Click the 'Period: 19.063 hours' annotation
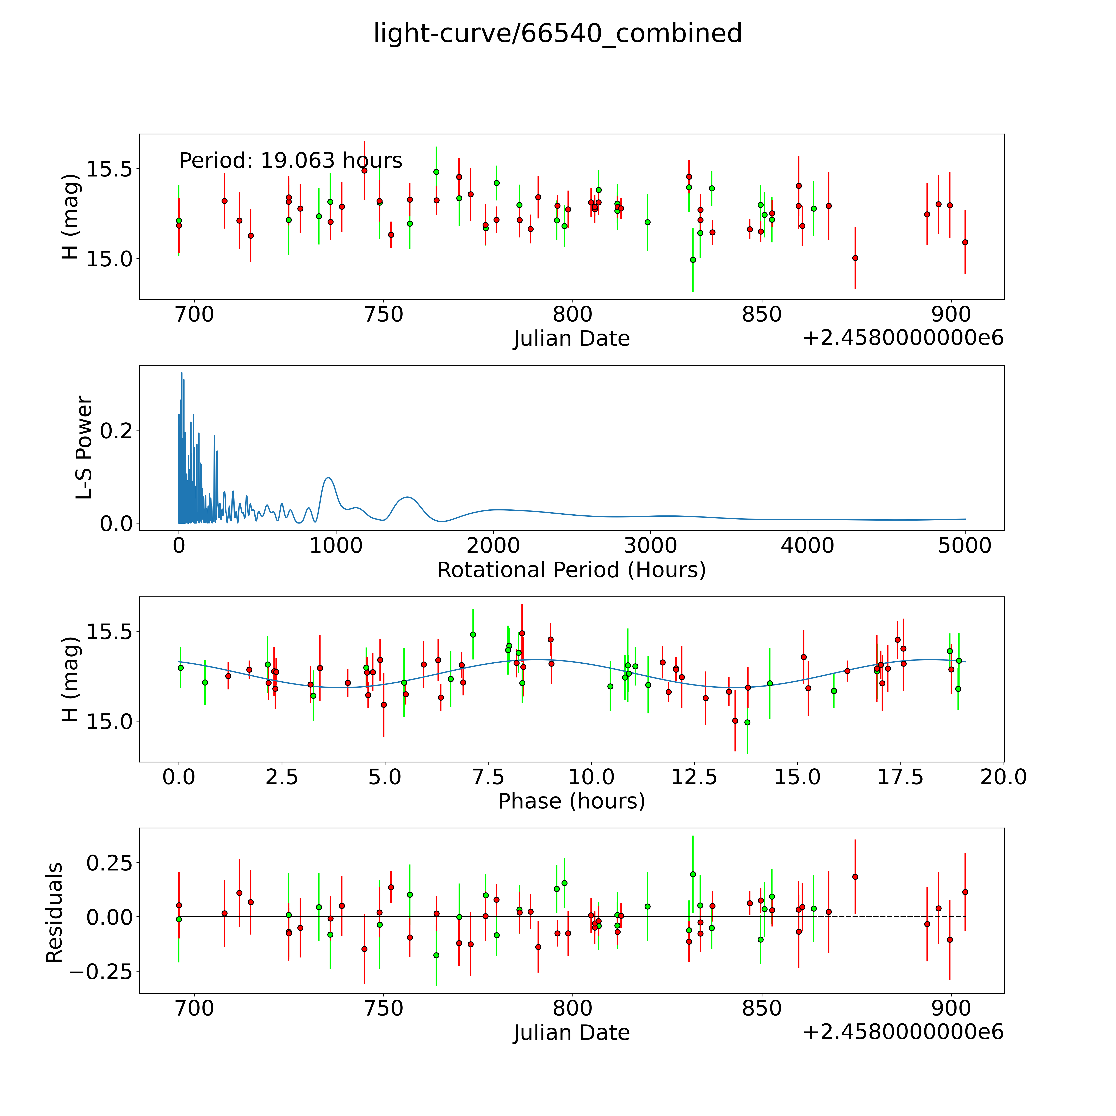291,161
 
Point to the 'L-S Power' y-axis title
84,448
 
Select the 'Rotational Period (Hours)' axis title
571,570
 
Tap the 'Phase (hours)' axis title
571,801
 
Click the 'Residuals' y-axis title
54,913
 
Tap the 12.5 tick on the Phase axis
694,777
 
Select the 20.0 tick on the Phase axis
1003,777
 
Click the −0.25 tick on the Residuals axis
100,972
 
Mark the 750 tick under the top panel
384,315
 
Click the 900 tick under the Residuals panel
951,1008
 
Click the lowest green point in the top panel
693,260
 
